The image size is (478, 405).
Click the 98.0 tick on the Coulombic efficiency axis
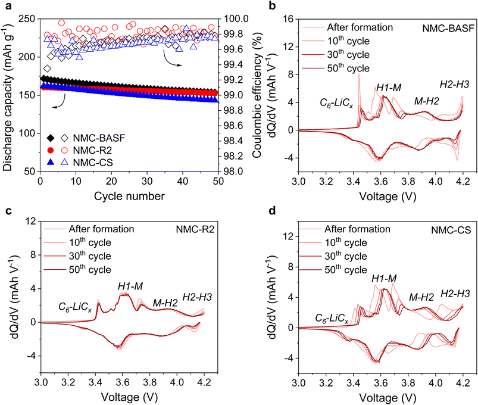coord(234,172)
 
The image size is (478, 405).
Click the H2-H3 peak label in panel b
coord(454,85)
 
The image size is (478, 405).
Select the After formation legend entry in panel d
coord(357,229)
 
